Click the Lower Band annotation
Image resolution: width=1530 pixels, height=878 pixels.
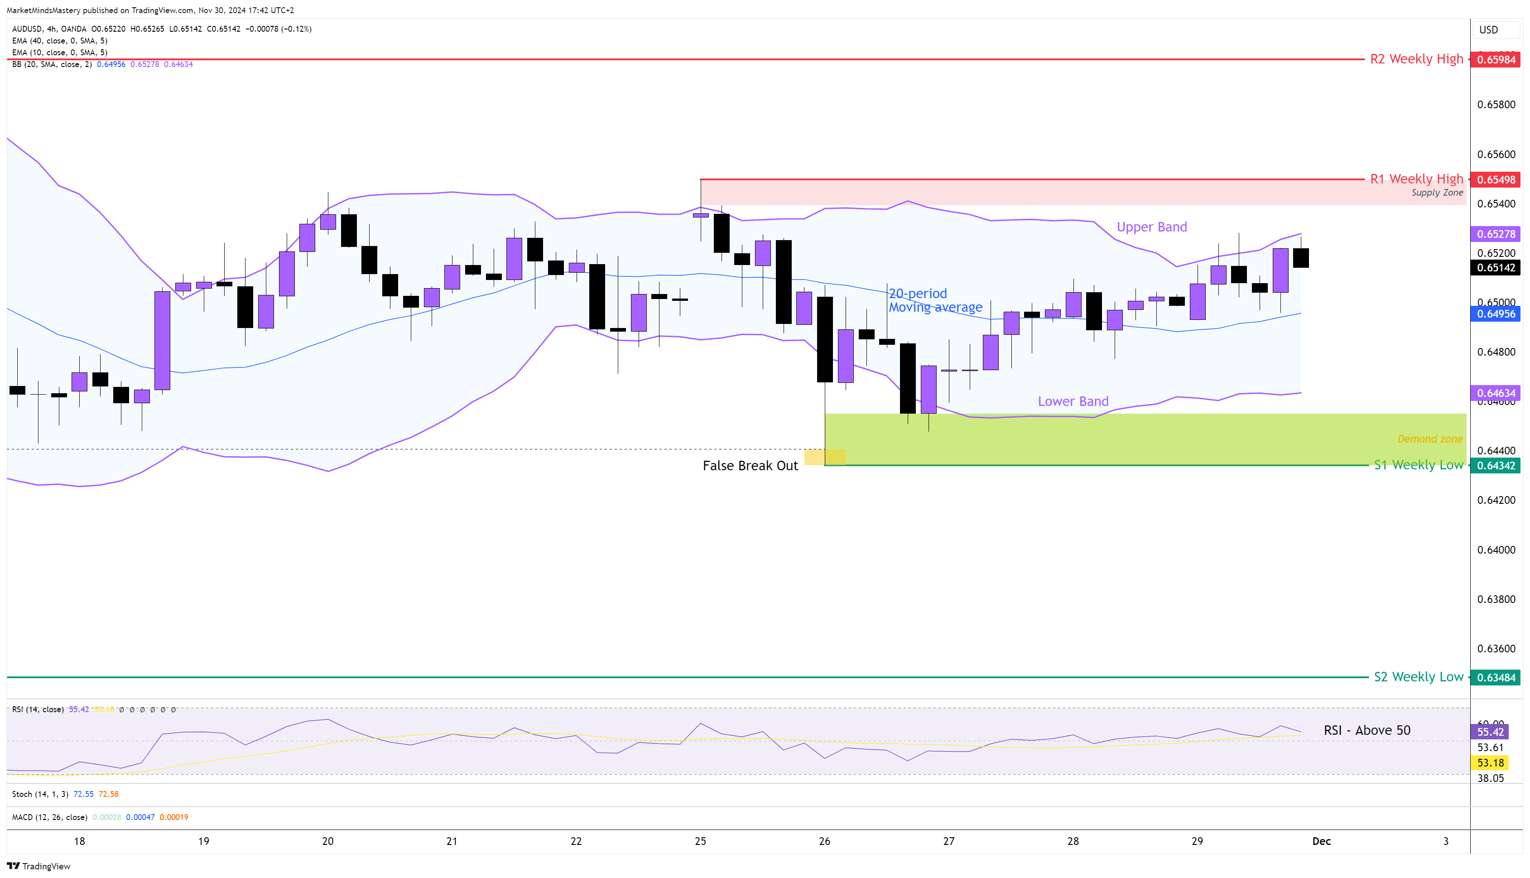tap(1073, 401)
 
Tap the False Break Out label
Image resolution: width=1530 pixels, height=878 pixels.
tap(750, 466)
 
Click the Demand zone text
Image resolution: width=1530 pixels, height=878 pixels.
tap(1429, 439)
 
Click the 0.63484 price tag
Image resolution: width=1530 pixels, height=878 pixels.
tap(1496, 678)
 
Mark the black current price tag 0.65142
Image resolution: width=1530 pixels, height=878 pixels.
tap(1496, 268)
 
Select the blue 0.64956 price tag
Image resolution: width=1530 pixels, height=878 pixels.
tap(1496, 314)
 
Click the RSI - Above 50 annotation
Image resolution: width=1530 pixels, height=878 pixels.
tap(1366, 731)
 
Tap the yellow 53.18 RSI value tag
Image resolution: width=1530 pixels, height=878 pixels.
tap(1490, 763)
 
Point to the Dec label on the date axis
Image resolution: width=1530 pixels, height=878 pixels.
tap(1321, 841)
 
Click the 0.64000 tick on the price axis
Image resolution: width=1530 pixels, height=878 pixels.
tap(1496, 550)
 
